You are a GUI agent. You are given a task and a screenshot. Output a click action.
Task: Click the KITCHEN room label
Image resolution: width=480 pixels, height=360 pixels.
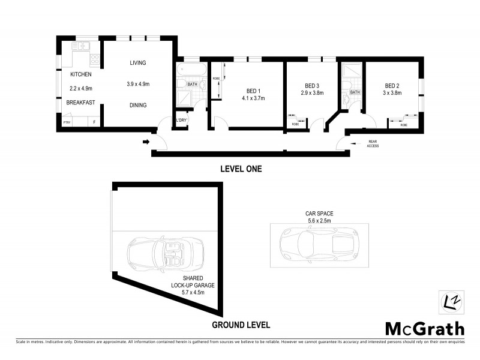(x=81, y=74)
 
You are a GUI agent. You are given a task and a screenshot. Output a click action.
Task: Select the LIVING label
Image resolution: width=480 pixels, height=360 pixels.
(x=137, y=63)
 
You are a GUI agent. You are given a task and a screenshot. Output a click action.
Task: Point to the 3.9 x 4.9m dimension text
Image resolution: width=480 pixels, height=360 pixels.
(x=137, y=84)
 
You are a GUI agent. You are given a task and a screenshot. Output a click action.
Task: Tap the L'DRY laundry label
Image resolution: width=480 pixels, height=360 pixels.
(x=181, y=121)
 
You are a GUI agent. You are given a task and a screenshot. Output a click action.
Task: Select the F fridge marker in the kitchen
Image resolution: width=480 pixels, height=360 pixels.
(x=94, y=122)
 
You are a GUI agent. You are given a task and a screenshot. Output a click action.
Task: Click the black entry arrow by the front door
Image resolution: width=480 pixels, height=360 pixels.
(x=146, y=142)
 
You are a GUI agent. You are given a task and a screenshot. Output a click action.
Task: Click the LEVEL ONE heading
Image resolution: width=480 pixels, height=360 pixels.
(x=241, y=169)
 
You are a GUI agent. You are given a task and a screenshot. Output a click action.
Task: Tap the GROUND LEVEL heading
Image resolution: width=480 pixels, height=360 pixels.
(x=241, y=325)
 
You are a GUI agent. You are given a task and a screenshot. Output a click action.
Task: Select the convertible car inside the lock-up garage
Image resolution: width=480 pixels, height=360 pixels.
(x=164, y=253)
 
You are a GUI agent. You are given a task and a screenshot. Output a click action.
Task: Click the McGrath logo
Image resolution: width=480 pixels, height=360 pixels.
(x=424, y=328)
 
